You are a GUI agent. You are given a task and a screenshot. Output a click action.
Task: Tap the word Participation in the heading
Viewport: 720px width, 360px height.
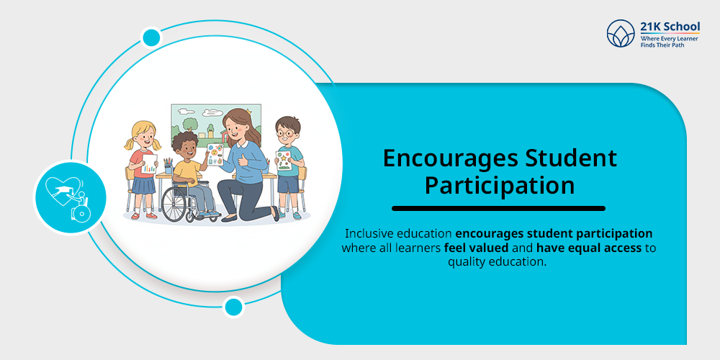coord(499,185)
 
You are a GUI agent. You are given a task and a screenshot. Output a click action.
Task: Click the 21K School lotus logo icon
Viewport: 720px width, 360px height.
coord(621,33)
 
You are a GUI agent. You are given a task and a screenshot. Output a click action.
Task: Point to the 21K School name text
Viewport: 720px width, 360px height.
coord(670,27)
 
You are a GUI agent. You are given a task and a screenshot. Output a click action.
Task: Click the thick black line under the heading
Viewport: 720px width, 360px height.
coord(498,209)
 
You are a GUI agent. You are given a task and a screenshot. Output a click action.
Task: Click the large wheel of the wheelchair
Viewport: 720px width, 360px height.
coord(176,205)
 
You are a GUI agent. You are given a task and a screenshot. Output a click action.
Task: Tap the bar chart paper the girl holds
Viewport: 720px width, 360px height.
coord(149,163)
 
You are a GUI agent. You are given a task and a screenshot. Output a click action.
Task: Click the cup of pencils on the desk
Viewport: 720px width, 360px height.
coord(168,166)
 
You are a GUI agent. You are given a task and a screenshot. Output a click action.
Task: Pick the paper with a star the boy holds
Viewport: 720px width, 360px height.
coord(284,159)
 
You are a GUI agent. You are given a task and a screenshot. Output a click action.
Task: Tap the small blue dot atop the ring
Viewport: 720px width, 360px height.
coord(151,37)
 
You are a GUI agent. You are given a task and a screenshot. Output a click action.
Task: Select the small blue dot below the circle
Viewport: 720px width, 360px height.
coord(233,307)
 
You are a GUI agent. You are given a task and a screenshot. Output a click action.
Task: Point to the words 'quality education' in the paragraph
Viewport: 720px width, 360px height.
coord(497,262)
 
